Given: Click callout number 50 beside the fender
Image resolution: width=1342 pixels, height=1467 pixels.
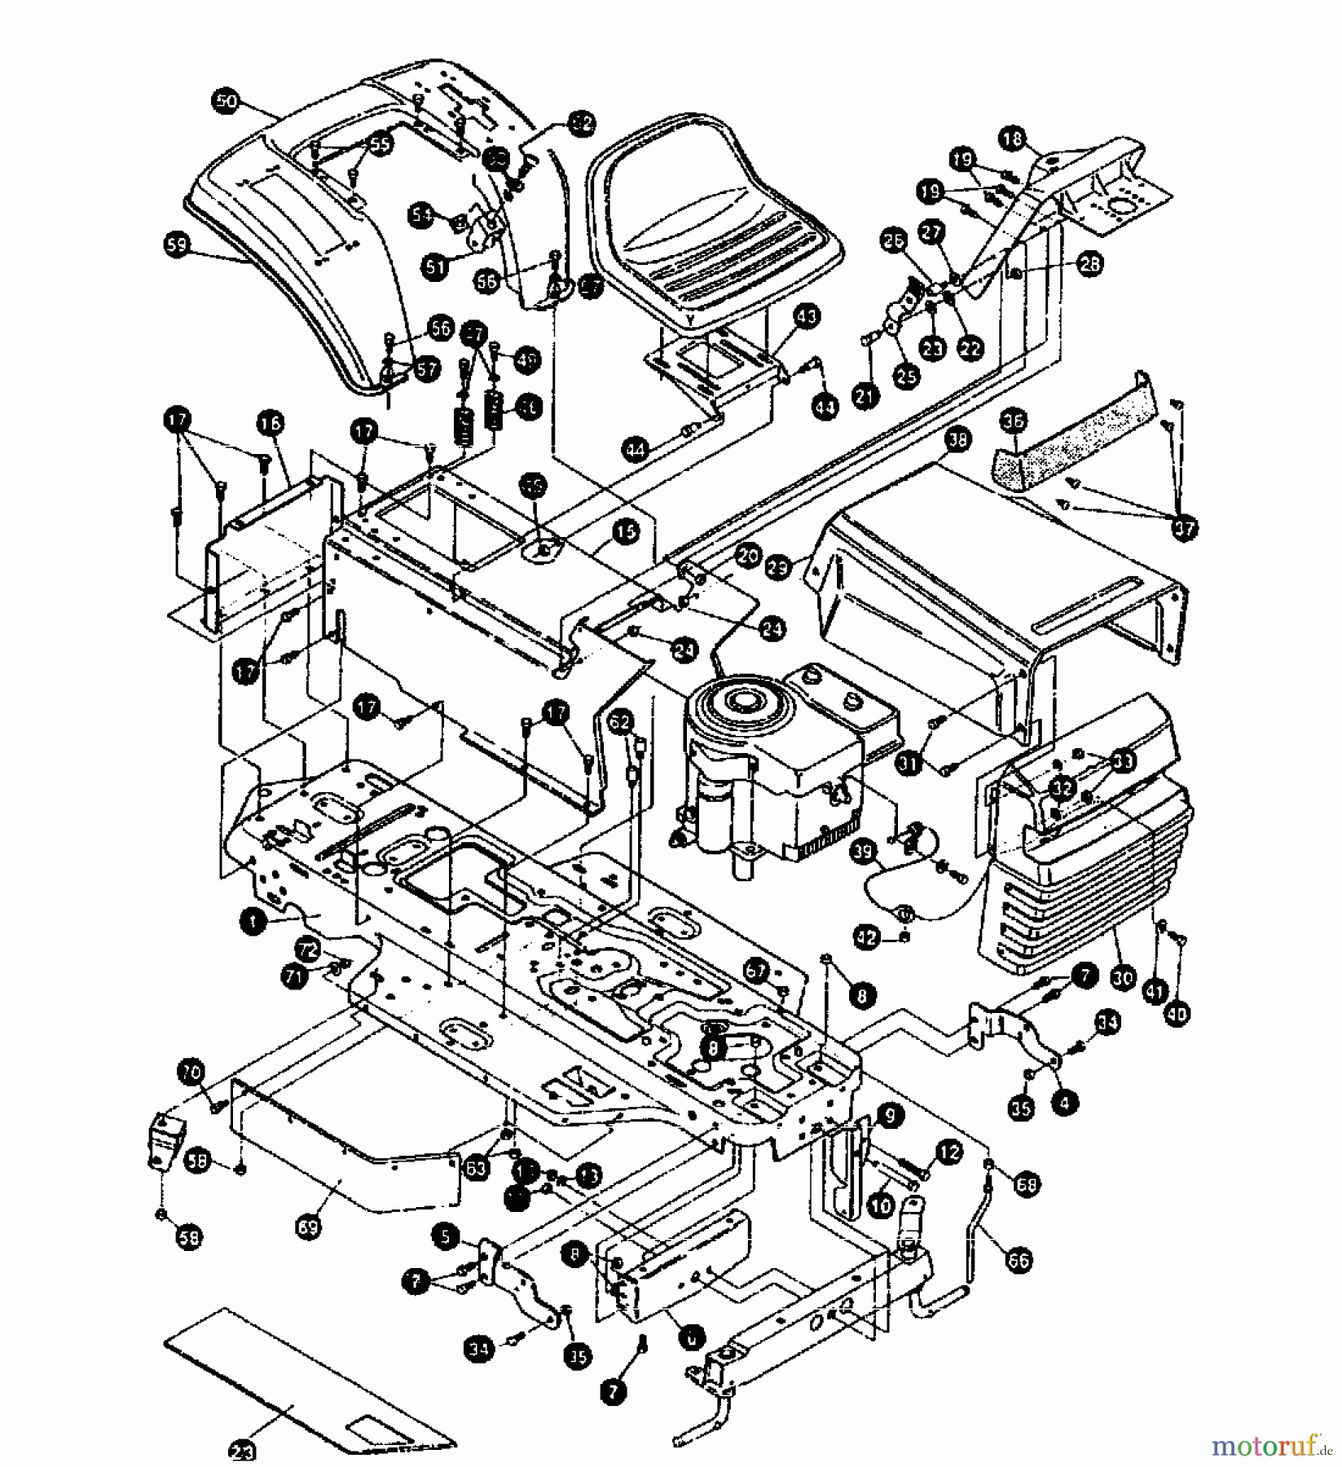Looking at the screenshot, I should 227,102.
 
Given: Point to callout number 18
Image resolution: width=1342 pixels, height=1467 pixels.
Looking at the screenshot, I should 1013,139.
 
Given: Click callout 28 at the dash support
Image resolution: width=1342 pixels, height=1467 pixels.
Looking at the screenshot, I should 1090,263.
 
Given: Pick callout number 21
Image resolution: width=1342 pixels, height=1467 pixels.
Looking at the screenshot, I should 865,396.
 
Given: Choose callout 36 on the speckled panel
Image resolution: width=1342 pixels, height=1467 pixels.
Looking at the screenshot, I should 1014,422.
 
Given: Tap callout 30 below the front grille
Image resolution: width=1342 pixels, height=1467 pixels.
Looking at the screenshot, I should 1123,977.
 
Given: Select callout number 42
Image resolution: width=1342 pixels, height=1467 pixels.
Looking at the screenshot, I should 867,938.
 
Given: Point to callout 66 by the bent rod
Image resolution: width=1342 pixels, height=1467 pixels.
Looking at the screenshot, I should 1019,1260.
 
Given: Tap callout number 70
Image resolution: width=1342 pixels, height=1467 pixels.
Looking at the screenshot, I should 191,1074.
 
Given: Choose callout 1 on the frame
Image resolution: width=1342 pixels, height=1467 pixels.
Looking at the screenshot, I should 254,922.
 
